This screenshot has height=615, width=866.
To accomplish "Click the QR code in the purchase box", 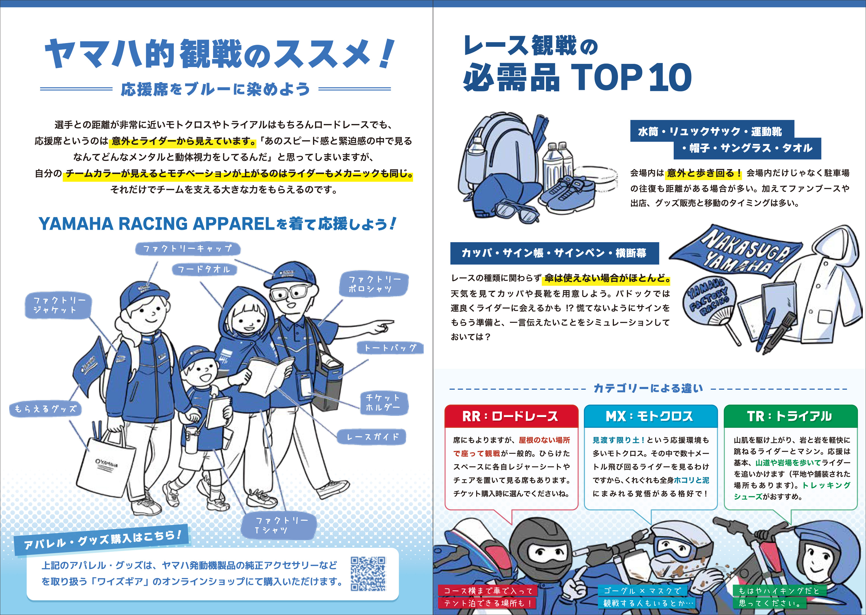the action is tap(368, 573).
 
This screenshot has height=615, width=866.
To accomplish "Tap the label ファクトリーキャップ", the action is tap(188, 249).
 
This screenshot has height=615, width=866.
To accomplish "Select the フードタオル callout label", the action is tap(204, 269).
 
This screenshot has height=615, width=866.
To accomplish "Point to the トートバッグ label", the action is tap(390, 348).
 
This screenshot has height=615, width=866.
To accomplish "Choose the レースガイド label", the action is tap(372, 437).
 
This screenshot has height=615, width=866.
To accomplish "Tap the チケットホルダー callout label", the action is tap(384, 403).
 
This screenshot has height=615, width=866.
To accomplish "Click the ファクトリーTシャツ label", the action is tap(279, 526).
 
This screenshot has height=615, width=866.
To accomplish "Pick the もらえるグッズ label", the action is tap(45, 409).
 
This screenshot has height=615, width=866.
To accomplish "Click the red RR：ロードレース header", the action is tap(511, 416).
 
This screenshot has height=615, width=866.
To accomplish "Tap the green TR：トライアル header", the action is tap(790, 416).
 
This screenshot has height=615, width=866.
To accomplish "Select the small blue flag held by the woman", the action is tap(90, 364).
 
